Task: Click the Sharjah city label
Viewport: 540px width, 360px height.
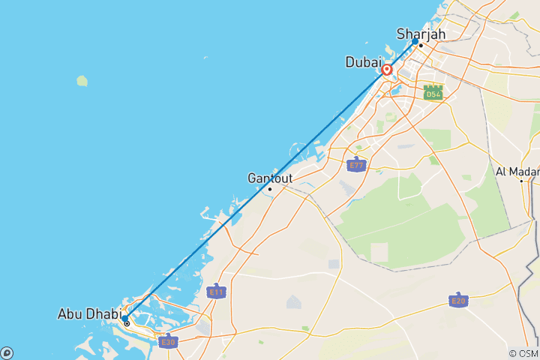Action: (421, 34)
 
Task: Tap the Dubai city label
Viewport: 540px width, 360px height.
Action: (364, 62)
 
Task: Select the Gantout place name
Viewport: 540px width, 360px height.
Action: (270, 178)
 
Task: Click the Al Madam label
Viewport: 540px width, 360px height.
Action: (517, 171)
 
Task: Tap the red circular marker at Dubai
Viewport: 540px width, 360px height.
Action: (387, 70)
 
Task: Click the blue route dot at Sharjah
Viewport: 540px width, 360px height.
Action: (415, 42)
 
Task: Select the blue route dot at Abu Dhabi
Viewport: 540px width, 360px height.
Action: (124, 318)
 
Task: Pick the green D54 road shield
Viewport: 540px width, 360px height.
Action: (433, 93)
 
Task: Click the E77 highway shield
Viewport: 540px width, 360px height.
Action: (356, 164)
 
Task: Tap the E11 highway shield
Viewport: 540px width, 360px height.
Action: (216, 290)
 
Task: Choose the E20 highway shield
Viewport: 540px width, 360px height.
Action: (459, 300)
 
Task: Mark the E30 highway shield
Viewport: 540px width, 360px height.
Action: (167, 341)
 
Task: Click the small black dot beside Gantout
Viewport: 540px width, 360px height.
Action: (270, 188)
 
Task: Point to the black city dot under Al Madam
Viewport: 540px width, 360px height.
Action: (521, 181)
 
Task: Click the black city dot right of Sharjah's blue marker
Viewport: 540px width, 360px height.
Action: (421, 46)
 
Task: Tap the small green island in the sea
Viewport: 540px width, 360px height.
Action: (81, 80)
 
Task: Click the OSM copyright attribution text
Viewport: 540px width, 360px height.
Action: (523, 353)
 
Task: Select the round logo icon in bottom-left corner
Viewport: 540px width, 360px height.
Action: (7, 352)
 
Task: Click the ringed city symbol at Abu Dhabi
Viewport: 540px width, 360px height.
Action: (127, 324)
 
